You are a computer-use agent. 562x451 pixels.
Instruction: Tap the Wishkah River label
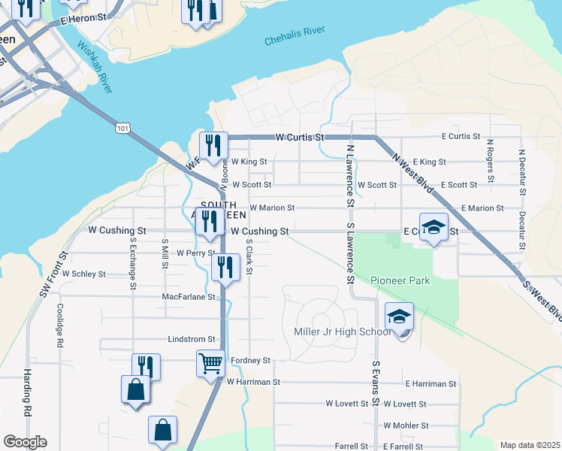(x=95, y=68)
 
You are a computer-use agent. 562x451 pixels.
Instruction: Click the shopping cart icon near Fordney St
(x=210, y=363)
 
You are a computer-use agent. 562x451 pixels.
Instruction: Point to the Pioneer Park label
(x=400, y=280)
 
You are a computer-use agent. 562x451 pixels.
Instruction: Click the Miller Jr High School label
(x=335, y=332)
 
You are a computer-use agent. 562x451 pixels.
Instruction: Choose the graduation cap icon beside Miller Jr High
(x=400, y=316)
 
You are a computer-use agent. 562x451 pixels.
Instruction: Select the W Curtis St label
(x=299, y=138)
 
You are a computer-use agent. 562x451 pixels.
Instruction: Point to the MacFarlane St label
(x=189, y=297)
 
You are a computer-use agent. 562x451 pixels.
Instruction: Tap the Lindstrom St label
(x=192, y=339)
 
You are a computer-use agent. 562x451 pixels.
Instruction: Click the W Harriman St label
(x=253, y=382)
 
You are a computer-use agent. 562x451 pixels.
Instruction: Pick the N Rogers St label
(x=490, y=160)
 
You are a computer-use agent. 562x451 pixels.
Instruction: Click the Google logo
(x=25, y=442)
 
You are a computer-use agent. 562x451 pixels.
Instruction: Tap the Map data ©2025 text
(x=529, y=445)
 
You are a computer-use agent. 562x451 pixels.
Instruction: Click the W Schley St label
(x=84, y=274)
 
